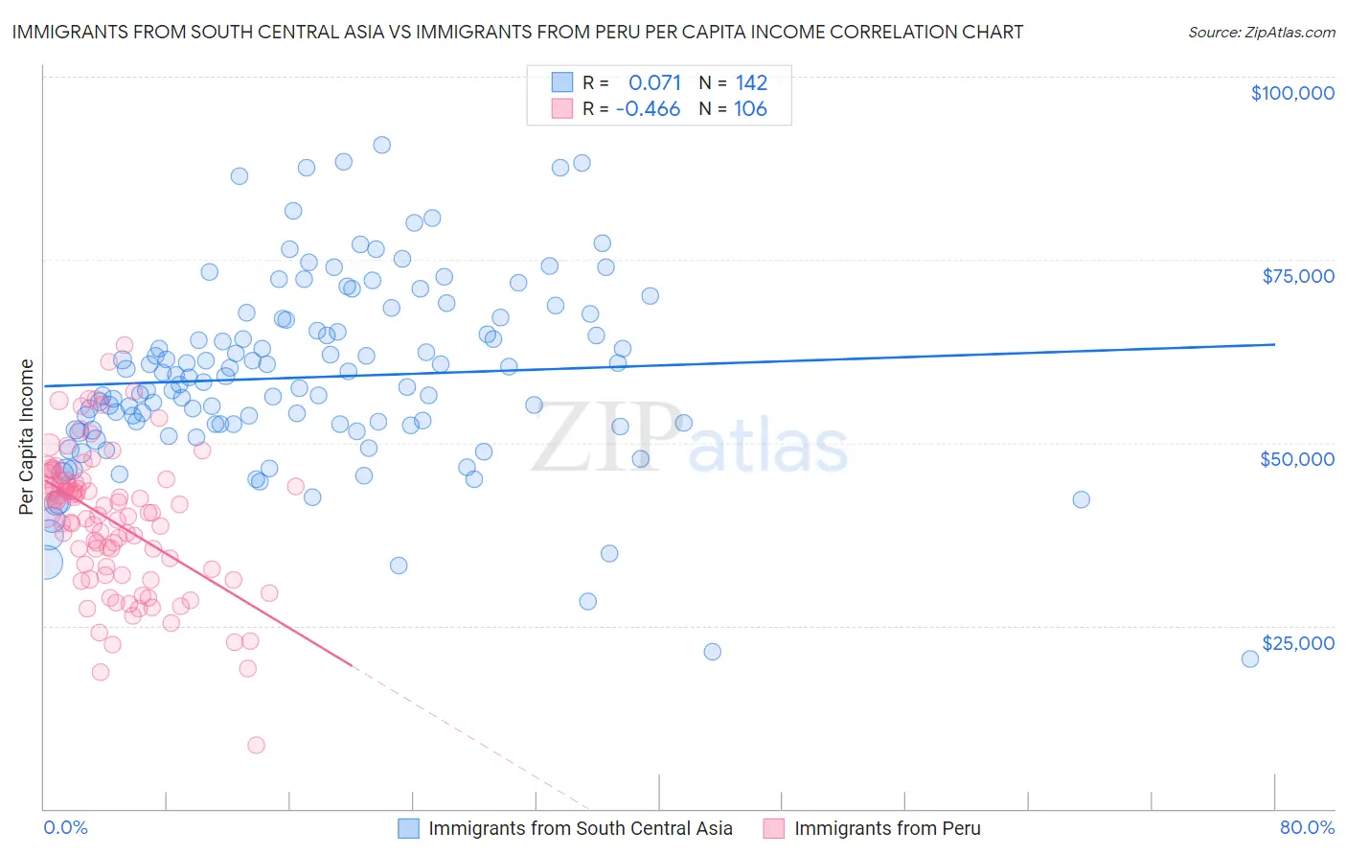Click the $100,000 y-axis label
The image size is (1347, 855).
tap(1291, 93)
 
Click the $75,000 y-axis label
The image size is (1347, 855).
tap(1297, 276)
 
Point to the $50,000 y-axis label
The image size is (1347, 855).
tap(1296, 459)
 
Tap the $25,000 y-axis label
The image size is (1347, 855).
tap(1297, 643)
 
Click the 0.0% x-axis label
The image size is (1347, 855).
tap(65, 828)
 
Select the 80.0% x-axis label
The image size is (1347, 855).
tap(1307, 828)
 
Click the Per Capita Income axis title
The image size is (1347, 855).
tap(27, 436)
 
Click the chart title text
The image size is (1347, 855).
tap(517, 32)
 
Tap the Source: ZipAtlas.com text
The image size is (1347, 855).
tap(1261, 32)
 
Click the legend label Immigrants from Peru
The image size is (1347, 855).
tap(887, 829)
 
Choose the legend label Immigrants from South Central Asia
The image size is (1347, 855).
tap(580, 829)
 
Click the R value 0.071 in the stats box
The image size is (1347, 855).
tap(654, 82)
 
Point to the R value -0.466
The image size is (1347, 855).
tap(648, 109)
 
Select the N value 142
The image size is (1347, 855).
tap(751, 82)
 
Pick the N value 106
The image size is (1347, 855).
tap(750, 109)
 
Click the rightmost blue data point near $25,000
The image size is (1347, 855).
tap(1249, 659)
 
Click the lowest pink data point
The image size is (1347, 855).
tap(256, 745)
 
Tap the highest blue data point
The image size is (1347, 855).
tap(381, 145)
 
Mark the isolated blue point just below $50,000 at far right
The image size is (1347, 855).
tap(1081, 499)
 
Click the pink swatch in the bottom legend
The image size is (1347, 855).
tap(773, 829)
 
